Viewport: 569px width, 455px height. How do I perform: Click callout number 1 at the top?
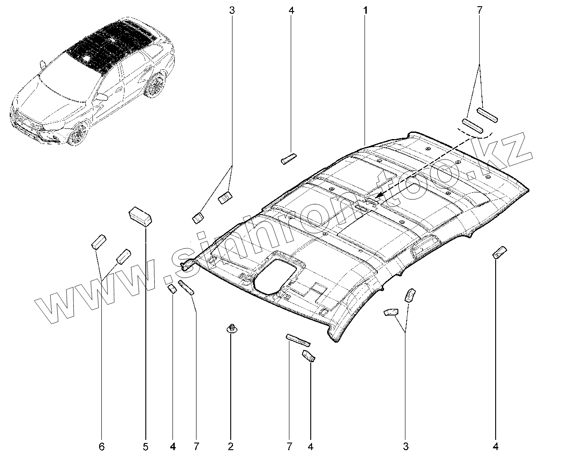(365, 10)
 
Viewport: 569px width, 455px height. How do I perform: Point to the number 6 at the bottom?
(102, 446)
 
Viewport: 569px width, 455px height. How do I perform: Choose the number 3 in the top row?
(232, 10)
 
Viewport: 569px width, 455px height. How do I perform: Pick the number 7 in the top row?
(480, 10)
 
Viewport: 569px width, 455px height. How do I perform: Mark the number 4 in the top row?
(291, 10)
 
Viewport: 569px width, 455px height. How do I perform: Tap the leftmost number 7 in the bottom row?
(196, 446)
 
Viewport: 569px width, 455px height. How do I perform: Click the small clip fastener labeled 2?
(231, 328)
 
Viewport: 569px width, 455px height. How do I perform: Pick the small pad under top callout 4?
(288, 159)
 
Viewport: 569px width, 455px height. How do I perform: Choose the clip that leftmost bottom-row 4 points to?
(172, 289)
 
